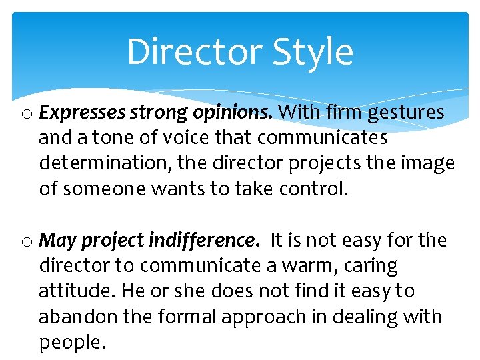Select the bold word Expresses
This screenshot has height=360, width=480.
point(82,113)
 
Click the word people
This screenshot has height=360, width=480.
point(71,343)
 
